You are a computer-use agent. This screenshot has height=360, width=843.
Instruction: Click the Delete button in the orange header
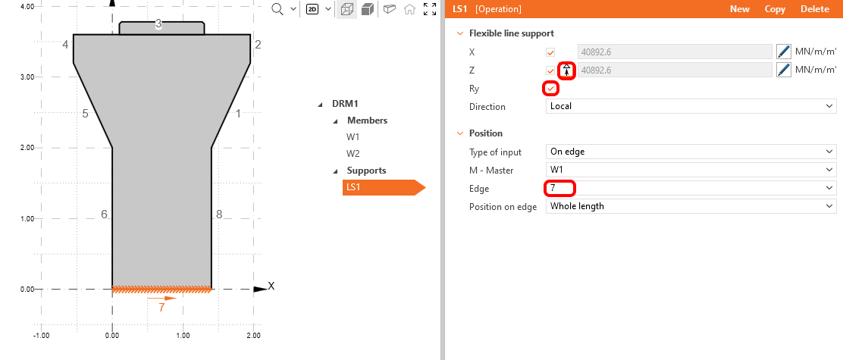[815, 9]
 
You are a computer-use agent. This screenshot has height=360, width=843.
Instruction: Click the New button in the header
[739, 9]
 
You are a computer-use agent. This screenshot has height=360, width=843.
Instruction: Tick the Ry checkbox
[551, 89]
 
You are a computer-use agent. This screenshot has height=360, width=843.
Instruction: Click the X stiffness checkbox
[551, 52]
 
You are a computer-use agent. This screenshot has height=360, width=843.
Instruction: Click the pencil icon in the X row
[784, 52]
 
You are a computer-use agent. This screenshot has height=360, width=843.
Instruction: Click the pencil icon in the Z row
[784, 70]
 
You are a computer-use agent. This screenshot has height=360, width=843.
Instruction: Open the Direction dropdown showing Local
[691, 107]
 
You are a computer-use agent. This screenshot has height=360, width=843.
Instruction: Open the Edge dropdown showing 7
[691, 188]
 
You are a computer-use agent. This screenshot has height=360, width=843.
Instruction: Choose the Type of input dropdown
[691, 152]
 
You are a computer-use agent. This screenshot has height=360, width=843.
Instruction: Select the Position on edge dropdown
[691, 206]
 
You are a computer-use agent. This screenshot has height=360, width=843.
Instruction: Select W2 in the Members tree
[353, 153]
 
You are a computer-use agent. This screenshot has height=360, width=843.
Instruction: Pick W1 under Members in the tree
[353, 137]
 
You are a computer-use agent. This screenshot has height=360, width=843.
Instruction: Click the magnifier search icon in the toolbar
[277, 9]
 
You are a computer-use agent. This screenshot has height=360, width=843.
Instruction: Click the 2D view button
[312, 9]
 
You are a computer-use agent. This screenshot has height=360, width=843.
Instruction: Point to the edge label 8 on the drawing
[219, 214]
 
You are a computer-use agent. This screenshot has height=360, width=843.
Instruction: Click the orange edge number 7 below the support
[161, 308]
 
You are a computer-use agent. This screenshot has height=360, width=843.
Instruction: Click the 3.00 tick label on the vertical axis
[27, 77]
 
